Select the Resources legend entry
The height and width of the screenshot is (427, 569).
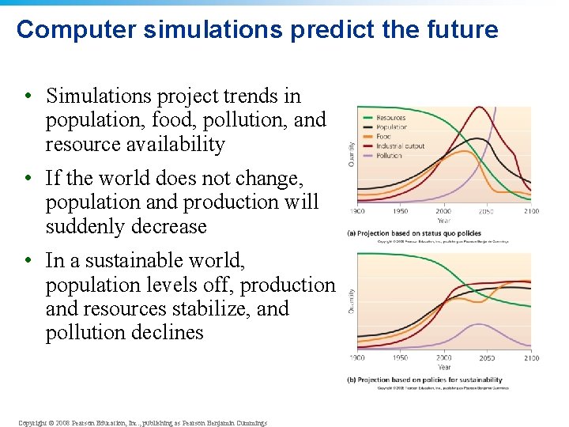(390, 118)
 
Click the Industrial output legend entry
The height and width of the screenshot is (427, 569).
(400, 146)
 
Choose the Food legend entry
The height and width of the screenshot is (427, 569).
(383, 137)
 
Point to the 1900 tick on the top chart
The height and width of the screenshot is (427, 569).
(358, 211)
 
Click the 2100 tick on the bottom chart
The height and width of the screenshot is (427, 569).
(532, 358)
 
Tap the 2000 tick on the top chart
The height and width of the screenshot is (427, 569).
(443, 211)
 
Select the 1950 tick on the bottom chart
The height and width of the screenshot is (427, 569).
(401, 358)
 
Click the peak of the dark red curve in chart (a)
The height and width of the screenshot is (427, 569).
(478, 108)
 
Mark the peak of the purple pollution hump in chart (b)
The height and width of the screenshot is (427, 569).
(477, 324)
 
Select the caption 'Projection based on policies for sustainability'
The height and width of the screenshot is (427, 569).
(424, 380)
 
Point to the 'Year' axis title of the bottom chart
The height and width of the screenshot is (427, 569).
(444, 367)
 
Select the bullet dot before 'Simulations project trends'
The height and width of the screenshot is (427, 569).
(27, 96)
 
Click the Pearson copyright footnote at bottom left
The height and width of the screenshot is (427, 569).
(142, 423)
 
